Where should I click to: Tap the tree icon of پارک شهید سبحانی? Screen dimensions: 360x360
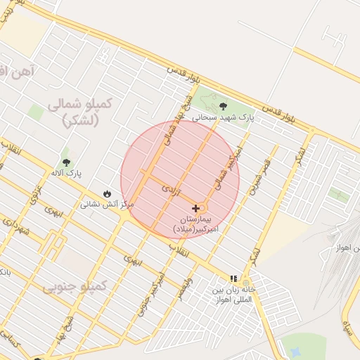[223, 106]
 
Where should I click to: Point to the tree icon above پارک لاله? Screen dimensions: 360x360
[66, 162]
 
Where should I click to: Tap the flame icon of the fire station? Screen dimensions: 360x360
[107, 193]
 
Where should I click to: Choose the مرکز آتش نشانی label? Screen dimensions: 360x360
[106, 204]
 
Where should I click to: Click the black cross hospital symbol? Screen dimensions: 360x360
[195, 209]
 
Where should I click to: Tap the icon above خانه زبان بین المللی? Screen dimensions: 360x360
[233, 279]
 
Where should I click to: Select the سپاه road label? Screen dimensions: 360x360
[347, 325]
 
